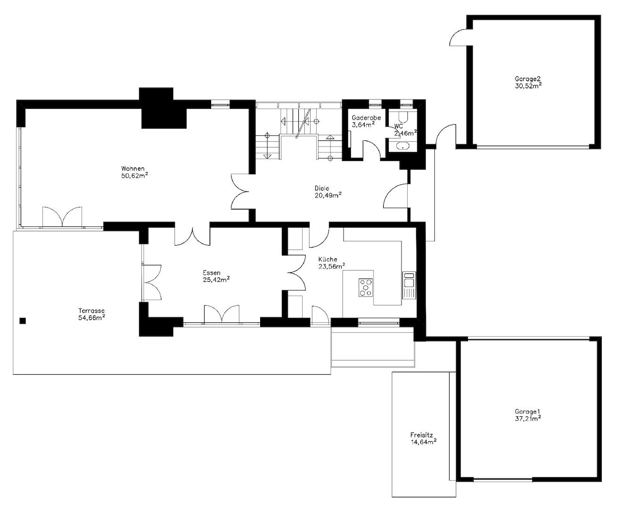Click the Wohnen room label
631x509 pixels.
click(x=133, y=169)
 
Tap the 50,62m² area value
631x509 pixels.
click(x=134, y=176)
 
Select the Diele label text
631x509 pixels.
click(x=322, y=188)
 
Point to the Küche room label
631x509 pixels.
click(x=328, y=260)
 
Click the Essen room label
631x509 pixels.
click(x=212, y=273)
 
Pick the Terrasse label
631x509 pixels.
click(x=91, y=311)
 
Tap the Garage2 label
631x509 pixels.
click(x=527, y=79)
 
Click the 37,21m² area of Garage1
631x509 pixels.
click(x=528, y=419)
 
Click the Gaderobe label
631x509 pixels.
click(x=366, y=118)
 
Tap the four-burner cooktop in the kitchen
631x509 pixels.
click(x=366, y=287)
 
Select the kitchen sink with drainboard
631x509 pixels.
click(x=410, y=285)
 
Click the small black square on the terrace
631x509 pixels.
click(x=23, y=321)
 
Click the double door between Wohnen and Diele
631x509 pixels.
click(x=240, y=192)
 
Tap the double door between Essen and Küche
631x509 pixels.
click(x=297, y=273)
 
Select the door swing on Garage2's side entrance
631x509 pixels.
click(x=459, y=38)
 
